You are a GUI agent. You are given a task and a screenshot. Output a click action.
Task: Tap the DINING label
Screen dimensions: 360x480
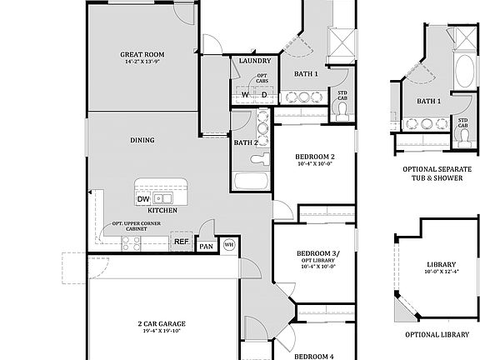(x=142, y=140)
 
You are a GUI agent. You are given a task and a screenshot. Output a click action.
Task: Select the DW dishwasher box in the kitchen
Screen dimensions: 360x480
(x=143, y=199)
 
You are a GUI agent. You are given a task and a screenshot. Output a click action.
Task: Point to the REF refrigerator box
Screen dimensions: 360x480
(x=181, y=242)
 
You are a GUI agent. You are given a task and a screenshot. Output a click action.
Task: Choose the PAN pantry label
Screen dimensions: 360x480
(x=206, y=247)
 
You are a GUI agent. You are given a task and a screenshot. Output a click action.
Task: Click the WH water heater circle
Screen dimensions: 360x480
(x=228, y=245)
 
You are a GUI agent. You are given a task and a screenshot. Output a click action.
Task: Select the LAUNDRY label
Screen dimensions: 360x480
(x=253, y=61)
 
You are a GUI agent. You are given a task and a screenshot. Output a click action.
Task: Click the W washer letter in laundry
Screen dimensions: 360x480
(x=245, y=95)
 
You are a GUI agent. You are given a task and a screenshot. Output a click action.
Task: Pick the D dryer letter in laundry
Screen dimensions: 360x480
(x=263, y=95)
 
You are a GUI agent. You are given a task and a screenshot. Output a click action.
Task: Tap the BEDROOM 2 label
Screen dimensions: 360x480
(x=315, y=157)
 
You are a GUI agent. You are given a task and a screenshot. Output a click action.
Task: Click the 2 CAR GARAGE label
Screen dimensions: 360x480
(x=162, y=323)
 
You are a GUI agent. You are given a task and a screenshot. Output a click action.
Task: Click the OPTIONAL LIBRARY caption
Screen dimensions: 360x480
(x=436, y=334)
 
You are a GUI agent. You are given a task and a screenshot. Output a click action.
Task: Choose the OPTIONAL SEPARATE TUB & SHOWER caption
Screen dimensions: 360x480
(x=437, y=173)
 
